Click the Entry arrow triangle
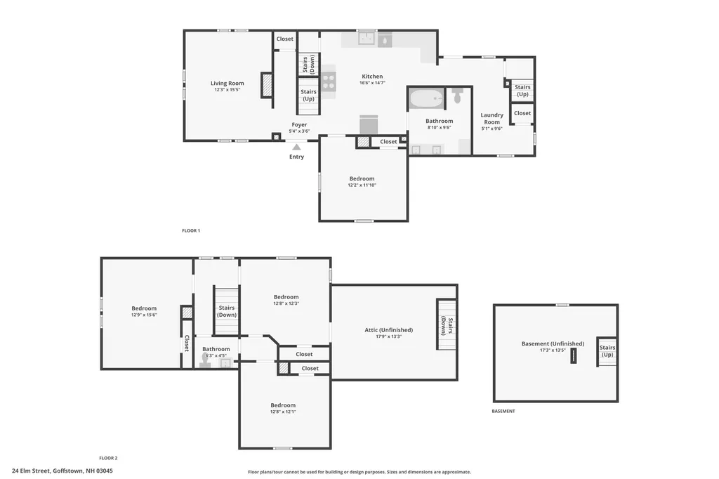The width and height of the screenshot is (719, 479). point(296,147)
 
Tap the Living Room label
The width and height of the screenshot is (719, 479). point(227,84)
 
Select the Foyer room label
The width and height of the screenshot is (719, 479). point(299,125)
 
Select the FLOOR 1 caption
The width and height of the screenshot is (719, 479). point(191,230)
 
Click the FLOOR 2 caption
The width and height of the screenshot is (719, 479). point(108,457)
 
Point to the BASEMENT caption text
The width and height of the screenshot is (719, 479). point(503,411)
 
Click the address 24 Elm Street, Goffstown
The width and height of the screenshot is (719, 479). point(62,471)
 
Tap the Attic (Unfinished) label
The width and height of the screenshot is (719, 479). point(388,329)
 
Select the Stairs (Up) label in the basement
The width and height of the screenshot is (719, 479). point(607,351)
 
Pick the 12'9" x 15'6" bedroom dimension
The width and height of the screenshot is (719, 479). point(144,315)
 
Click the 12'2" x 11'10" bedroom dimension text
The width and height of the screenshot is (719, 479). point(362,185)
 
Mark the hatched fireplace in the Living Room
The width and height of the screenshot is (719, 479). point(267,85)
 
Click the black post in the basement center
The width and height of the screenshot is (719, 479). point(573,356)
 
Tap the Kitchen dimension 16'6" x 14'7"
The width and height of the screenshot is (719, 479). point(372,83)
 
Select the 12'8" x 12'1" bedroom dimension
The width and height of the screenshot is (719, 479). point(284,412)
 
